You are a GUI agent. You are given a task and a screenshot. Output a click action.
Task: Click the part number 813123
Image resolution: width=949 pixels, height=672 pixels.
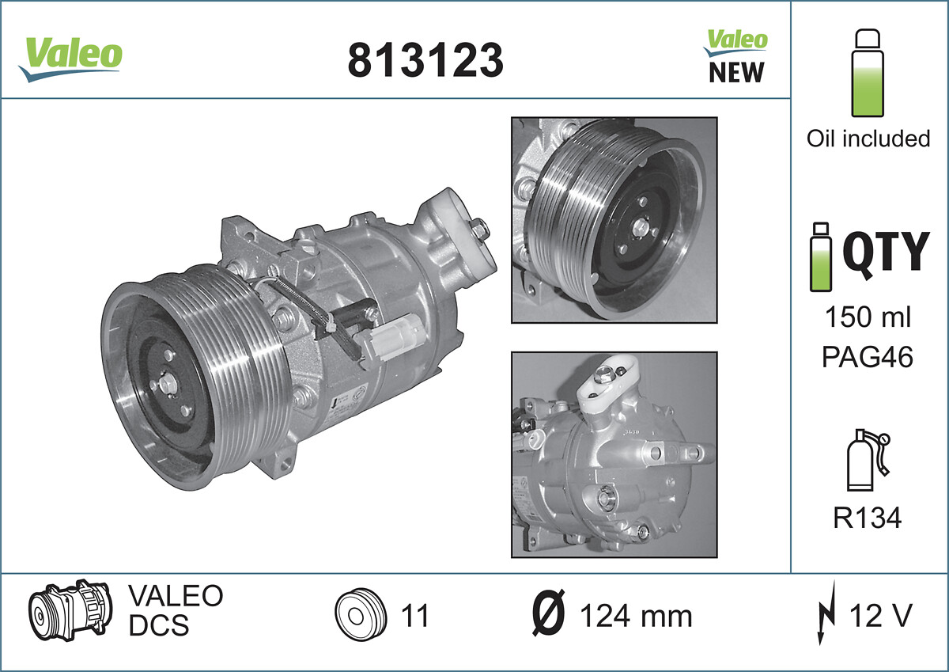[425, 60]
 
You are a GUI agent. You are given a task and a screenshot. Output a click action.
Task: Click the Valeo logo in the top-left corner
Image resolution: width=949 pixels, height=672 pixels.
[71, 56]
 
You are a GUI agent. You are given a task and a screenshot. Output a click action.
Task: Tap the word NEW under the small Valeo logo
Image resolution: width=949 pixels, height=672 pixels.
[736, 73]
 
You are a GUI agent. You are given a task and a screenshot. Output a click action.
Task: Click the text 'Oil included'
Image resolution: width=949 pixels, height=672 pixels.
[868, 139]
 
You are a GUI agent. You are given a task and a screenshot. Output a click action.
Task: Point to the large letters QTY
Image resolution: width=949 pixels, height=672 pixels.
[885, 252]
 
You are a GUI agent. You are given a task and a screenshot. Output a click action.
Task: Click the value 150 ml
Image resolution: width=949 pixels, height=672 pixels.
[868, 318]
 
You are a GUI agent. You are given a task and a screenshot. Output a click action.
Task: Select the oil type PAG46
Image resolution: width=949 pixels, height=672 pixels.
[868, 357]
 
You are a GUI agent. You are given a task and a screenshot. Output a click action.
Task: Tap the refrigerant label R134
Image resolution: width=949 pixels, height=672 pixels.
[868, 518]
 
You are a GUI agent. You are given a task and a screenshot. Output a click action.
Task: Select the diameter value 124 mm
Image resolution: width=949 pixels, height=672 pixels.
[636, 616]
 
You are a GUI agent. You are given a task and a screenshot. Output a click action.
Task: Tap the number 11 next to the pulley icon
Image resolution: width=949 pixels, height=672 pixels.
[414, 615]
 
